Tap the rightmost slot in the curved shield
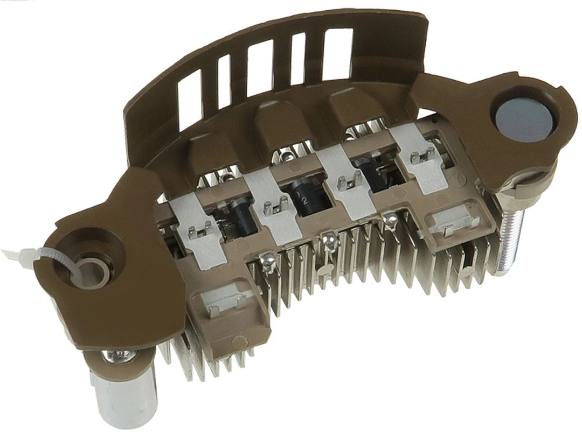click(338, 48)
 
